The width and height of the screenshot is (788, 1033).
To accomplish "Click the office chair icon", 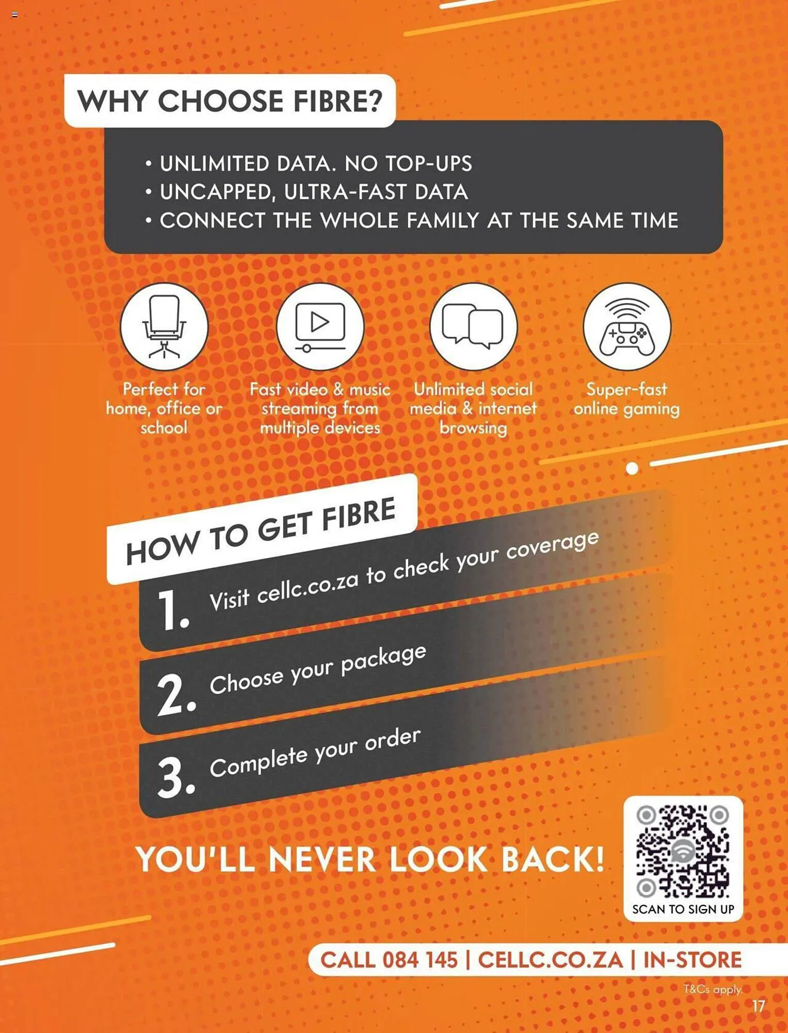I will [164, 326].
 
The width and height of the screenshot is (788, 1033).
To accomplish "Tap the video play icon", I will [320, 326].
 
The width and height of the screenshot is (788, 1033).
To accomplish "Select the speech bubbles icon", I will [473, 326].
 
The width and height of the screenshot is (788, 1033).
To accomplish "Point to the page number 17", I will [758, 1006].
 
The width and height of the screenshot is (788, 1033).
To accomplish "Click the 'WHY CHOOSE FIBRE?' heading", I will [230, 101].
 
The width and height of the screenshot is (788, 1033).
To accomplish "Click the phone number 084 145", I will [420, 960].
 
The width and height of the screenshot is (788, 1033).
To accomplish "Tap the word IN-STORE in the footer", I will [692, 960].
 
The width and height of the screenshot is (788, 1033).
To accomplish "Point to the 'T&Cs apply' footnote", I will [713, 989].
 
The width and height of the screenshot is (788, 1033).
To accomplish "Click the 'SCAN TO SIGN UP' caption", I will [683, 909].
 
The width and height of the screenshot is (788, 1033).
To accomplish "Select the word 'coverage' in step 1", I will [552, 545].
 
